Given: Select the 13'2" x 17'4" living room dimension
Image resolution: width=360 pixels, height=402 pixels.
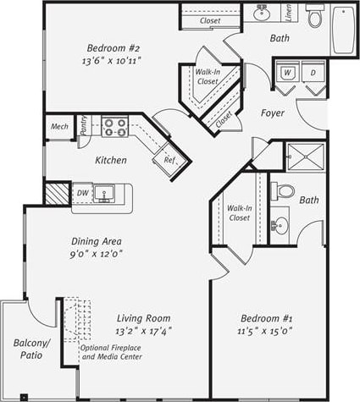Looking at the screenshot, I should point(144,330).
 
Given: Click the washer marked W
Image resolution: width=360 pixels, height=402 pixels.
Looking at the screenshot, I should point(288,74).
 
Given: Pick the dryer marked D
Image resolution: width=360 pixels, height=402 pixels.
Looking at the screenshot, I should point(312,74).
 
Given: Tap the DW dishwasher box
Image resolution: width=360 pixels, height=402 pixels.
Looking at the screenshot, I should point(83,194).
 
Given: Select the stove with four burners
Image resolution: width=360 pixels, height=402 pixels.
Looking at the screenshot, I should point(115,127).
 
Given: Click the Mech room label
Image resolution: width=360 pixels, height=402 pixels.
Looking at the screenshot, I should point(59,127).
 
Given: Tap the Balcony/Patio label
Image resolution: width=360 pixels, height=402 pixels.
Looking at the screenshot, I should point(32,349).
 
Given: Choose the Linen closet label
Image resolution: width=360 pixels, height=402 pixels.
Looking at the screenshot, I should point(288,14).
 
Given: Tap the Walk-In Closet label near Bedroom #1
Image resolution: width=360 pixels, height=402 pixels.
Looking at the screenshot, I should point(240,212).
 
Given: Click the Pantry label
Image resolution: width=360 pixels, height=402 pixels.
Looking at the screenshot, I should point(83,126).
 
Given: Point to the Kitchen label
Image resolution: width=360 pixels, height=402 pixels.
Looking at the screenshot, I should point(111,160).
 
